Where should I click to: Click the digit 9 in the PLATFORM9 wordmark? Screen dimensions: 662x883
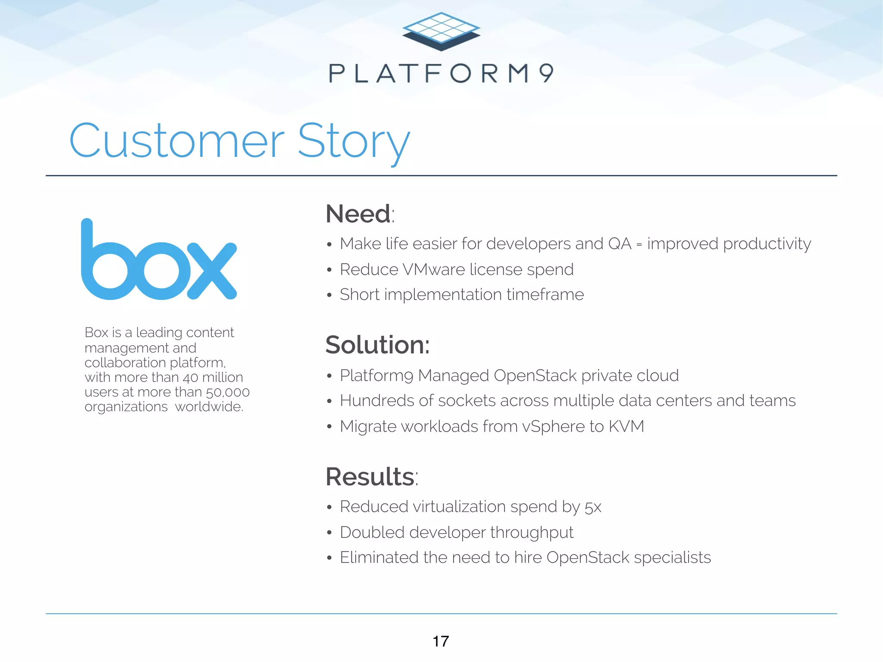pyautogui.click(x=546, y=73)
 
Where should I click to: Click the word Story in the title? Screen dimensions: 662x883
pyautogui.click(x=354, y=141)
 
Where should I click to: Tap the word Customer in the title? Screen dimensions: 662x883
pyautogui.click(x=177, y=141)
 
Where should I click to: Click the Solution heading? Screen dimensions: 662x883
pyautogui.click(x=377, y=345)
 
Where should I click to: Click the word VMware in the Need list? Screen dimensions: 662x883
pyautogui.click(x=434, y=269)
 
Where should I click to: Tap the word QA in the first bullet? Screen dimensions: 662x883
pyautogui.click(x=620, y=244)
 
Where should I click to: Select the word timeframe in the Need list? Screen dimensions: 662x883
pyautogui.click(x=545, y=295)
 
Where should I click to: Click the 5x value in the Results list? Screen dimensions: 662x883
pyautogui.click(x=593, y=507)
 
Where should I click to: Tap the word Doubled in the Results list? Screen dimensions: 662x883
pyautogui.click(x=372, y=532)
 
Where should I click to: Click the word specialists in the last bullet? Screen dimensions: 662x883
pyautogui.click(x=672, y=558)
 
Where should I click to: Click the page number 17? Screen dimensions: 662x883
pyautogui.click(x=441, y=641)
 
